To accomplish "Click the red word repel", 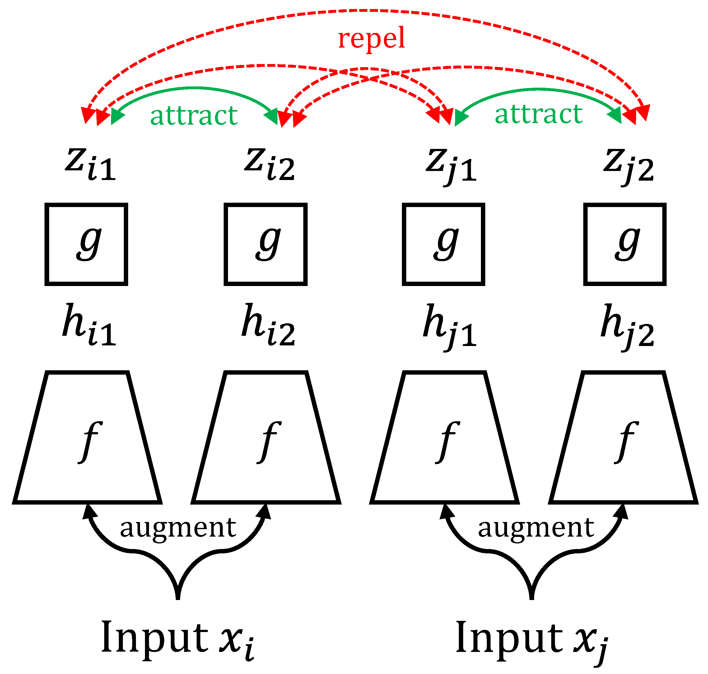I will click(371, 39).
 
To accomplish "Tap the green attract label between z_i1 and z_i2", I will click(194, 116).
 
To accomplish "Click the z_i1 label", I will click(91, 164).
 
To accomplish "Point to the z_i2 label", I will click(269, 164).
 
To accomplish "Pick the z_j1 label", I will click(451, 166).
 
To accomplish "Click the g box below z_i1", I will click(86, 244).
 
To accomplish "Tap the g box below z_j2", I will click(625, 244).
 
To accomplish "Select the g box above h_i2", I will click(265, 244).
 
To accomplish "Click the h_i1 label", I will click(89, 325).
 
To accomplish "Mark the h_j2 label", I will click(627, 326).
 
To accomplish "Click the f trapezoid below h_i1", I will click(87, 438).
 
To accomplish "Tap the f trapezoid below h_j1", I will click(444, 438).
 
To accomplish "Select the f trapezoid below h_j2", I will click(623, 438).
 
